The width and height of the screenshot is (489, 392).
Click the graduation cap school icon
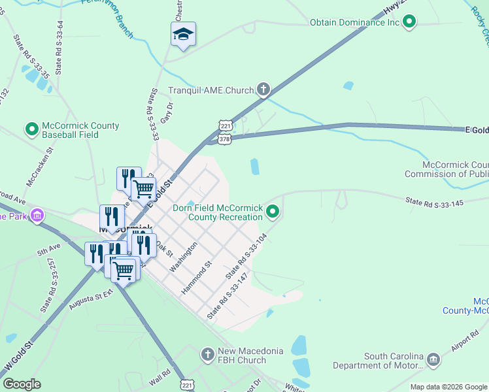click(x=184, y=35)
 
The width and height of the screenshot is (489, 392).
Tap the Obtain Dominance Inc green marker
click(x=410, y=22)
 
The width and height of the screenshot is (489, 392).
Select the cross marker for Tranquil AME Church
click(x=263, y=90)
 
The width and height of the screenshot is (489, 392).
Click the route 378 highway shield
click(x=225, y=139)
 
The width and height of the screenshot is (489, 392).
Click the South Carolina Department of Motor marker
click(x=433, y=360)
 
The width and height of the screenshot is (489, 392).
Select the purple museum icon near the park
click(x=37, y=216)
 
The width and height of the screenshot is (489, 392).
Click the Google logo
click(x=22, y=384)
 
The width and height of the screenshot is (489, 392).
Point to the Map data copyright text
click(x=448, y=387)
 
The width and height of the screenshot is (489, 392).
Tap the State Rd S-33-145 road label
click(x=434, y=203)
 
